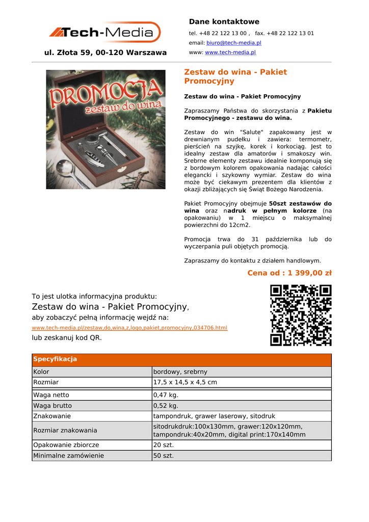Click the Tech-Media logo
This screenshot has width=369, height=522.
pos(105,33)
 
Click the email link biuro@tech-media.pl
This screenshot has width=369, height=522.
pos(233,43)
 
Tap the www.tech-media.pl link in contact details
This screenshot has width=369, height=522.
pos(230,53)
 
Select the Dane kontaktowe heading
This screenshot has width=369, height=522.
pos(224,21)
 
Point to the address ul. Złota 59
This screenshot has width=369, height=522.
pos(106,53)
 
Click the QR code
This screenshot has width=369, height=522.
pos(301,316)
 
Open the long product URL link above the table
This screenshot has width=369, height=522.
pos(129,328)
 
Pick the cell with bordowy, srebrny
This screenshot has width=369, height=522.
pos(180,372)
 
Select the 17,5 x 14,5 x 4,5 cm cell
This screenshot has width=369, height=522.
pos(185,382)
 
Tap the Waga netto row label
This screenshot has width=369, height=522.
pos(51,395)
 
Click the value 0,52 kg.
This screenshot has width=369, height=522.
pos(166,406)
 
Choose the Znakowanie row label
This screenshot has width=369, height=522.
pos(52,416)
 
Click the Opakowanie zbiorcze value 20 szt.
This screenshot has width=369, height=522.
pos(164,445)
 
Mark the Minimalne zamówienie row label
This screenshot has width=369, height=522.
pos(68,456)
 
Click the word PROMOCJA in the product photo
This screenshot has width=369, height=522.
pos(106,95)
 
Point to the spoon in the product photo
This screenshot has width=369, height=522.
pos(70,170)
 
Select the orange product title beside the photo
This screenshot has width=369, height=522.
pos(235,76)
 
